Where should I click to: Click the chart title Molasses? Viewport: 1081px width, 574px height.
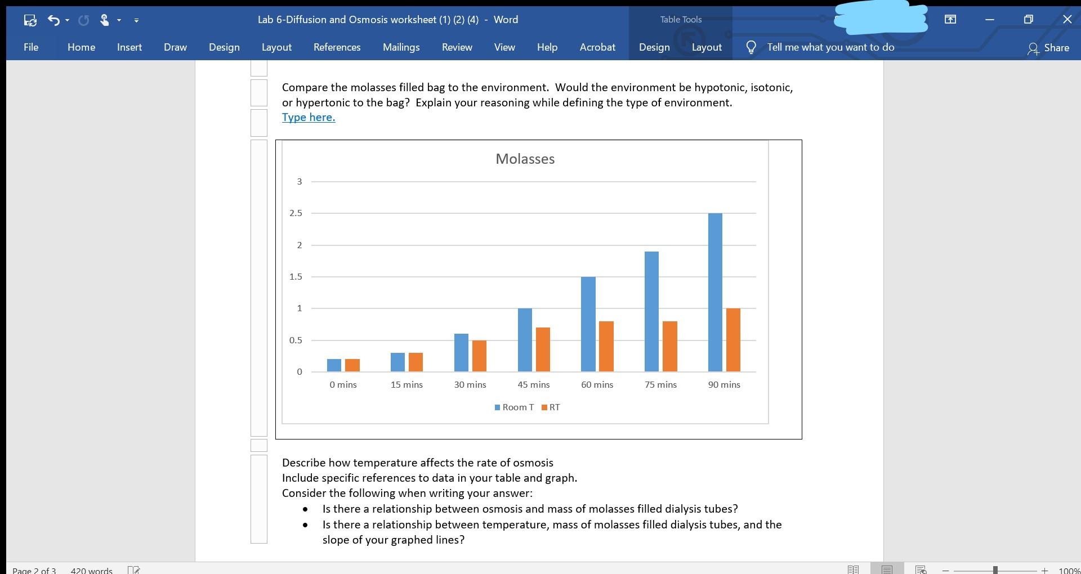tap(525, 159)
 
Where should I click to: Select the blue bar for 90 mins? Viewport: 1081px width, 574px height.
tap(715, 293)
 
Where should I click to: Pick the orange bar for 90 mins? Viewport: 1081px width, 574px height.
tap(733, 340)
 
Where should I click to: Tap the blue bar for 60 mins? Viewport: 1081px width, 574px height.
tap(588, 324)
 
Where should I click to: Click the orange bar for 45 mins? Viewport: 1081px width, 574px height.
tap(543, 349)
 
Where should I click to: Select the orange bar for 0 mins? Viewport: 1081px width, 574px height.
tap(352, 365)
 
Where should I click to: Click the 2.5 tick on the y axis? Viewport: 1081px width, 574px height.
tap(296, 213)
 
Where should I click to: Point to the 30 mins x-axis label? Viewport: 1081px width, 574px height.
tap(470, 385)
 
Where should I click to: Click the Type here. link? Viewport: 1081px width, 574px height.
tap(309, 118)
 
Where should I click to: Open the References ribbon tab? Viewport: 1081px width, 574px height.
tap(337, 47)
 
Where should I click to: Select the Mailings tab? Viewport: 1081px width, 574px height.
tap(401, 47)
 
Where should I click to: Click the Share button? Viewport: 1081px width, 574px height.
tap(1048, 48)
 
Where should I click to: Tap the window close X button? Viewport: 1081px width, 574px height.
tap(1067, 19)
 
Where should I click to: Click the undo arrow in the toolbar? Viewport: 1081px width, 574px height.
tap(53, 20)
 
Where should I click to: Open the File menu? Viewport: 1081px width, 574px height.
tap(31, 47)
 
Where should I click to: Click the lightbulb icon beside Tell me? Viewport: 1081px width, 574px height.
tap(751, 47)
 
